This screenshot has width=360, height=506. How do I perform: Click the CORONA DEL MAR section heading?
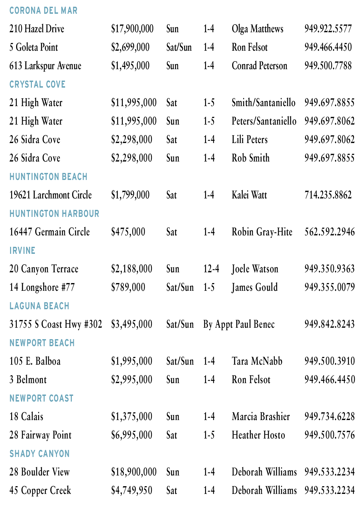(x=43, y=10)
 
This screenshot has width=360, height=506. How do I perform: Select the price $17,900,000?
(x=132, y=29)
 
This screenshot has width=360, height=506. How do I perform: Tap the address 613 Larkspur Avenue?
(x=45, y=66)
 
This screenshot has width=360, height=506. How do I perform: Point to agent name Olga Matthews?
(x=257, y=29)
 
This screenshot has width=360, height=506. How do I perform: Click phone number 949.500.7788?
(x=328, y=66)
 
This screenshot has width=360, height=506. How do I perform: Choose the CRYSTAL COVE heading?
(x=37, y=84)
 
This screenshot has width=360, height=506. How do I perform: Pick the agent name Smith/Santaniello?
(x=263, y=103)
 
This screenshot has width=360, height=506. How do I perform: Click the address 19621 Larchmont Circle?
(x=50, y=195)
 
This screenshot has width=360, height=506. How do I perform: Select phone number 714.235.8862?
(x=328, y=195)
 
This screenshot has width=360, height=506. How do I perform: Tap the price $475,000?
(x=128, y=232)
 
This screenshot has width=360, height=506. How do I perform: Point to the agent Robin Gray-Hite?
(x=262, y=232)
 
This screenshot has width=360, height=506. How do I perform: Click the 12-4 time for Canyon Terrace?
(x=211, y=269)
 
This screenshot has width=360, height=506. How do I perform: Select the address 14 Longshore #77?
(x=42, y=287)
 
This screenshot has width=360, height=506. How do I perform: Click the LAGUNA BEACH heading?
(x=39, y=306)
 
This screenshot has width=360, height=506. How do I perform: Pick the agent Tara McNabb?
(x=257, y=361)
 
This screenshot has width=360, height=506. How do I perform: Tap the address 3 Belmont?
(x=28, y=380)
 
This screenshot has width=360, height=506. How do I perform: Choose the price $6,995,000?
(x=132, y=435)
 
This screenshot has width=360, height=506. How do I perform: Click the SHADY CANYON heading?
(x=39, y=454)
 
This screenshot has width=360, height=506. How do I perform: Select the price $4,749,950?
(x=132, y=491)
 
